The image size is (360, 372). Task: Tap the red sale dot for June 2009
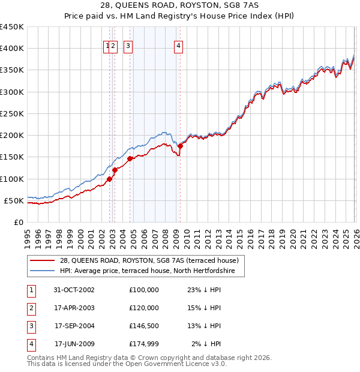[180, 146]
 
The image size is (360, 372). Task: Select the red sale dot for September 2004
[130, 158]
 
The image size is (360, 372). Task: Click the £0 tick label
[18, 222]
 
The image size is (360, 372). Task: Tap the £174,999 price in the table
[143, 344]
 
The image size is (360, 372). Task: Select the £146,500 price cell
[143, 326]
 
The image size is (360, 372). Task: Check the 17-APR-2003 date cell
[74, 308]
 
